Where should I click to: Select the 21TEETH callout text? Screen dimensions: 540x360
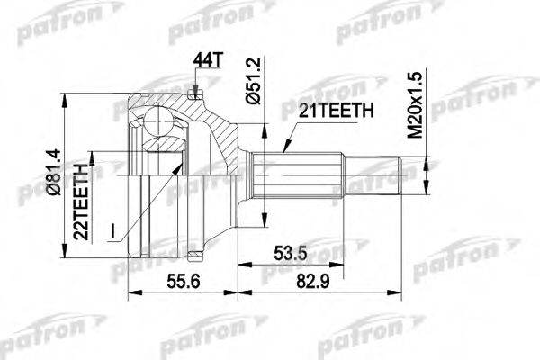pos(336,111)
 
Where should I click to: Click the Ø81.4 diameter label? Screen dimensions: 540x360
pos(54,172)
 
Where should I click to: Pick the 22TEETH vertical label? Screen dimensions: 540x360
pos(81,202)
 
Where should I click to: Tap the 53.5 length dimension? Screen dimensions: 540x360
pos(290,254)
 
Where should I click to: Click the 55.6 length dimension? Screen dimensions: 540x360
pos(184,282)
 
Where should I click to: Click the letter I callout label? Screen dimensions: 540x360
pos(112,231)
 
